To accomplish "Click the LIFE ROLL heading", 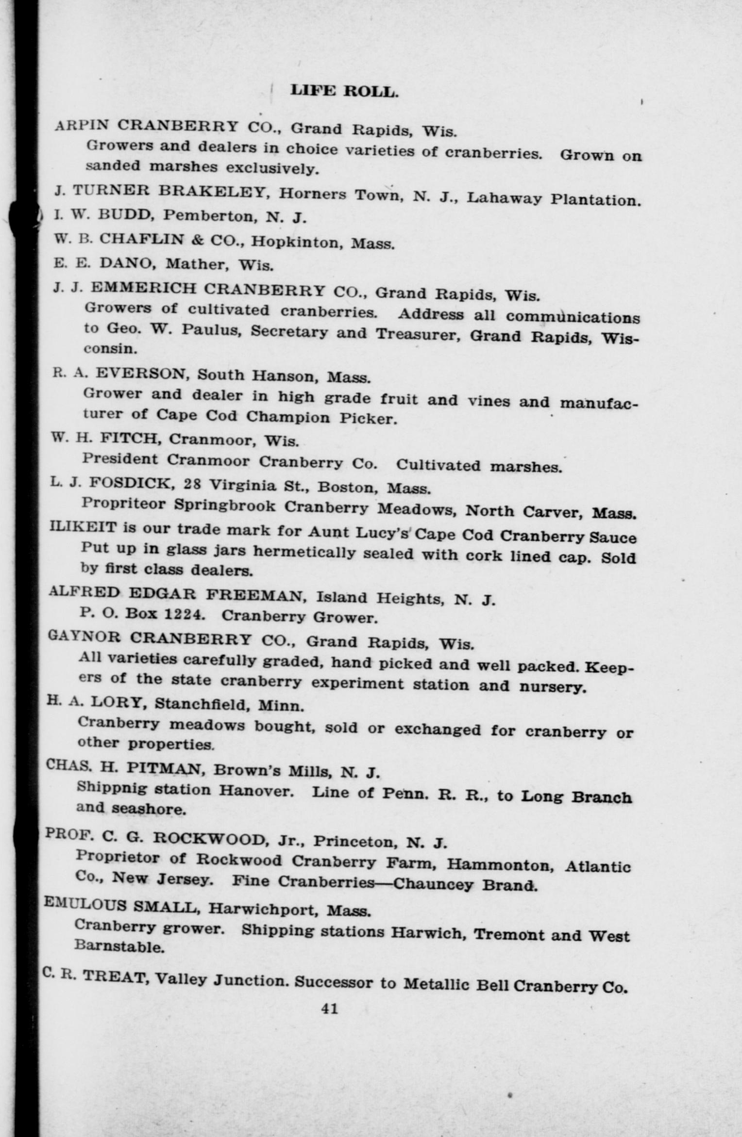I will (344, 91).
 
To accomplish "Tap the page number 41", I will (330, 1008).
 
